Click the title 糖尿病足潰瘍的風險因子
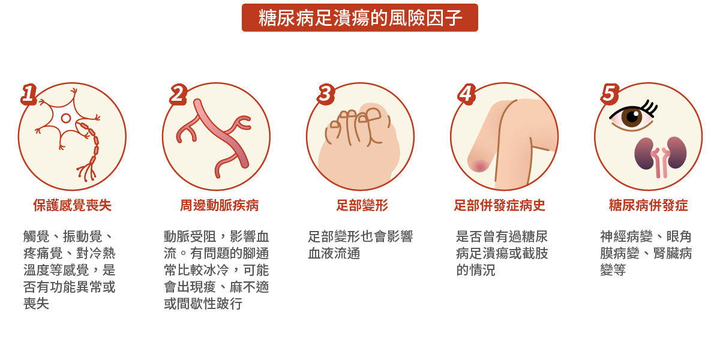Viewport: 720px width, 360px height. [x=360, y=18]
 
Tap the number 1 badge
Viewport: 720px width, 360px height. [x=28, y=94]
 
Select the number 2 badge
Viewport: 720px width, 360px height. [x=178, y=94]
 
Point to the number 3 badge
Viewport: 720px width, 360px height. [x=325, y=94]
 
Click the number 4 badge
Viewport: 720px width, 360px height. [x=466, y=94]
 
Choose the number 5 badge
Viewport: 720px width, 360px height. [x=609, y=94]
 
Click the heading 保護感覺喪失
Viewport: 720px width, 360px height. [x=72, y=206]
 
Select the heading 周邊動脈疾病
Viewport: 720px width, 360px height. [x=219, y=206]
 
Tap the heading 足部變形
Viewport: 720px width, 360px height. [x=362, y=206]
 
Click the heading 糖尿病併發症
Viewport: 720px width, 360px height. [x=648, y=206]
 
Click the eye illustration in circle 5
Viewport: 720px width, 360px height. [x=632, y=116]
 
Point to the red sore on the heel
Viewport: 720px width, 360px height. [x=479, y=164]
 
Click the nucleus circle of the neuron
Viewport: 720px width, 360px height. [x=66, y=118]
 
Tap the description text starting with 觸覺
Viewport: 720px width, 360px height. [x=69, y=270]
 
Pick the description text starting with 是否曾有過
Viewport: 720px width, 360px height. [x=502, y=253]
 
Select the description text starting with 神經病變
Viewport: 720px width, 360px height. [x=646, y=253]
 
